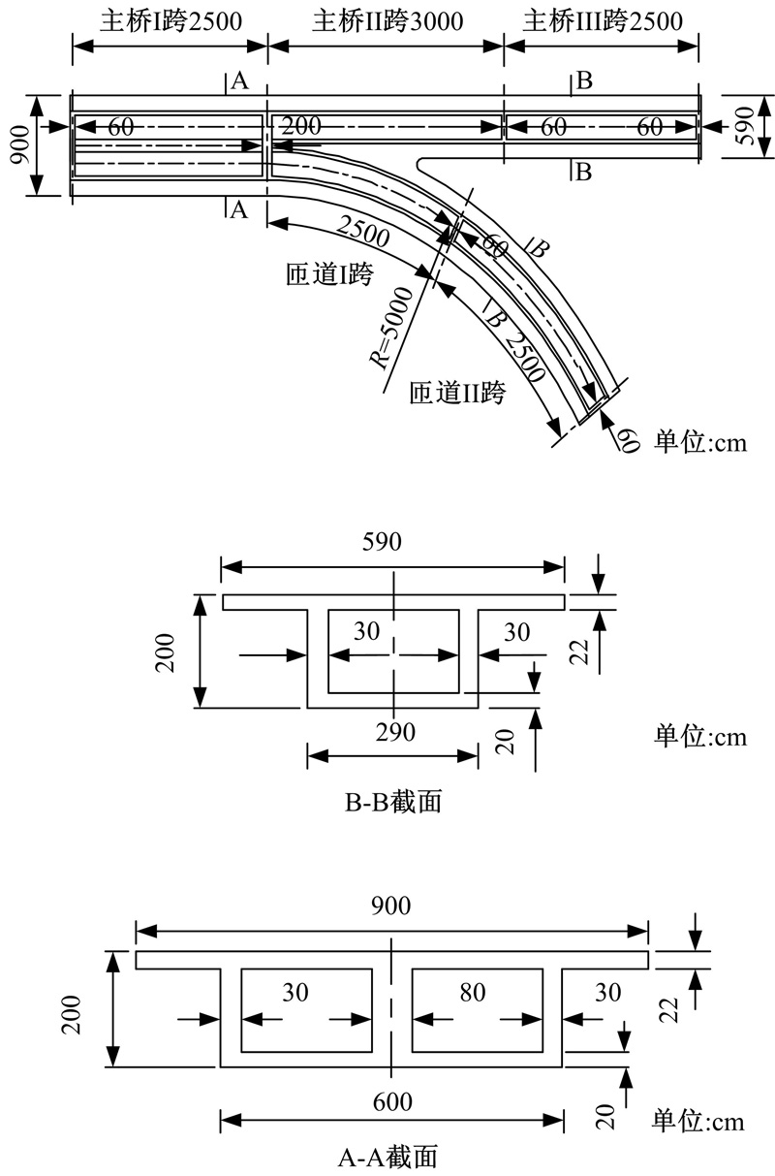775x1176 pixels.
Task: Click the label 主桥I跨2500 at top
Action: pyautogui.click(x=171, y=22)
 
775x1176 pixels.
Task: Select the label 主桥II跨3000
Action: pyautogui.click(x=387, y=22)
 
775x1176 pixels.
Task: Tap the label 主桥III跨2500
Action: pyautogui.click(x=603, y=22)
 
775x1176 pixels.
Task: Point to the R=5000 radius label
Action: pyautogui.click(x=392, y=328)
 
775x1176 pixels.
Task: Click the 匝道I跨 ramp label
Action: pyautogui.click(x=329, y=274)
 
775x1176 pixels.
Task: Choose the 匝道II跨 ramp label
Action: pyautogui.click(x=457, y=393)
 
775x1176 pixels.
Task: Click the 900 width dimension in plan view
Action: pyautogui.click(x=20, y=144)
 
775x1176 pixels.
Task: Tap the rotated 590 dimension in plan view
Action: pyautogui.click(x=744, y=126)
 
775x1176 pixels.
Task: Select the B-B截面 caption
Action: pyautogui.click(x=392, y=802)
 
